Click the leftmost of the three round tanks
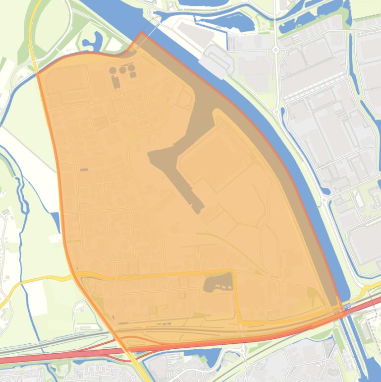pyautogui.click(x=113, y=71)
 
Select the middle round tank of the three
pyautogui.click(x=122, y=70)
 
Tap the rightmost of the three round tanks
pyautogui.click(x=131, y=68)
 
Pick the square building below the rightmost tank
pyautogui.click(x=133, y=75)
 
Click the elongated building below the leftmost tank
pyautogui.click(x=116, y=82)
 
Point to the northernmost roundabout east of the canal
pyautogui.click(x=275, y=50)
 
